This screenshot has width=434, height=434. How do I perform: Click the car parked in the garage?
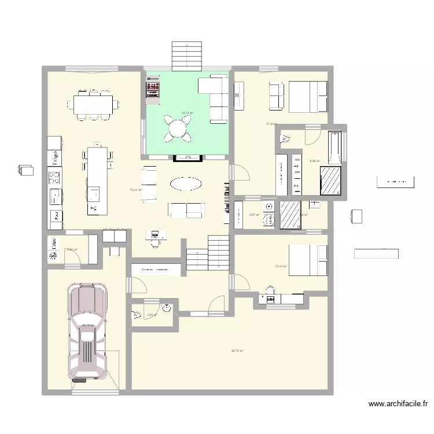(x=89, y=333)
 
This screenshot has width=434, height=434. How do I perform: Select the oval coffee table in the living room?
(x=186, y=184)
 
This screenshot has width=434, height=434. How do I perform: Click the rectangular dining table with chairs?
(x=93, y=105)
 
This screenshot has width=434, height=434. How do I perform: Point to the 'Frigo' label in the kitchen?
(x=56, y=159)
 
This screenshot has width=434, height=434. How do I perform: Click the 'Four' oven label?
(x=56, y=216)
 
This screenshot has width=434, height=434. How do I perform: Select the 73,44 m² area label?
(x=136, y=190)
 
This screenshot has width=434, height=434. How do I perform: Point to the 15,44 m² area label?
(x=280, y=266)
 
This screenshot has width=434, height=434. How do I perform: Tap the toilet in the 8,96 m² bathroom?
(x=286, y=138)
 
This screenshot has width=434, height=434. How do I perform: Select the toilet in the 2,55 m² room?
(x=137, y=315)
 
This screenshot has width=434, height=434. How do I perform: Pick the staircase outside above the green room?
(x=186, y=56)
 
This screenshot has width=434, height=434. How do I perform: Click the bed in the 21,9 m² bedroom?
(x=307, y=96)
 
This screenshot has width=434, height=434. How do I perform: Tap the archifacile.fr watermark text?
(x=399, y=404)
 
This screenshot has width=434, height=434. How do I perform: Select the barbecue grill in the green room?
(x=153, y=91)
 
